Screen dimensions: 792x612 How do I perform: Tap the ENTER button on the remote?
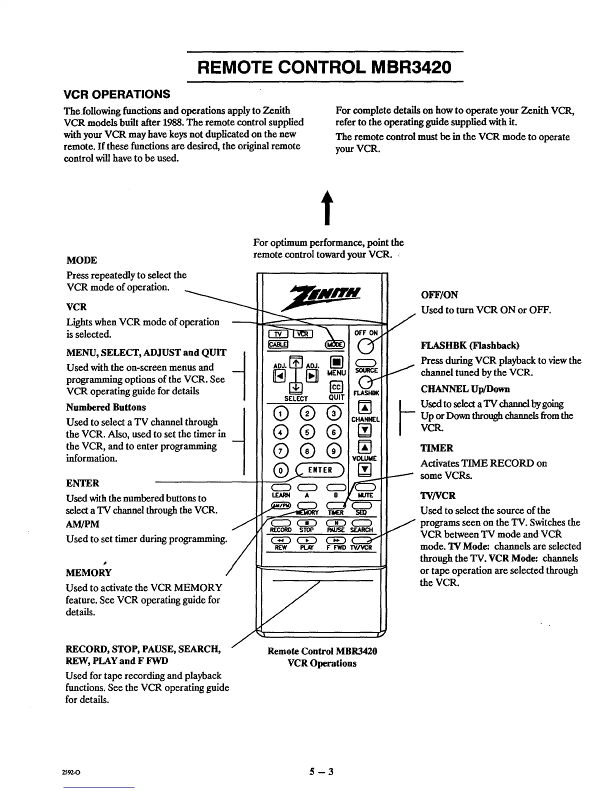[320, 469]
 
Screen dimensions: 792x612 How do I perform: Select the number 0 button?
[281, 470]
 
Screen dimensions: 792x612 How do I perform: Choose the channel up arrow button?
[366, 406]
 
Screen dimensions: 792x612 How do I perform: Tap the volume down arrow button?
[366, 469]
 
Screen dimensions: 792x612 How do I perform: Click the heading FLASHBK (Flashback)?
[470, 345]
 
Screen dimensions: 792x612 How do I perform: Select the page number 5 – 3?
[321, 771]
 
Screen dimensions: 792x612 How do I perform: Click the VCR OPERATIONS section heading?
[118, 94]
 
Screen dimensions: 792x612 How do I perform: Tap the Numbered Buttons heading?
[106, 407]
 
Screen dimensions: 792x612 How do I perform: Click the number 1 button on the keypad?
[281, 413]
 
